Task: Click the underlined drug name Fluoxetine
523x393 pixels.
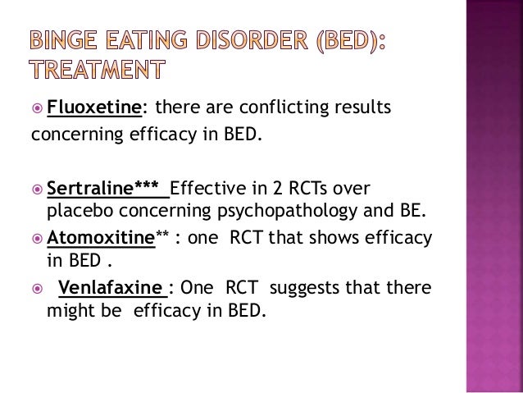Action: click(97, 107)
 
